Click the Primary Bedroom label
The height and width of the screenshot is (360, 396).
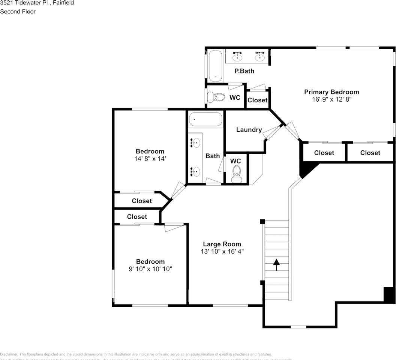[x=331, y=92]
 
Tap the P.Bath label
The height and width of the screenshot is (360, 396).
[x=244, y=71]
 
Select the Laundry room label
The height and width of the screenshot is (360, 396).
[x=249, y=130]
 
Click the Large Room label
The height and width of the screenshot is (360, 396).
[x=222, y=244]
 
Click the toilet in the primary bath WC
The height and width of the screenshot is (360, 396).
[x=216, y=97]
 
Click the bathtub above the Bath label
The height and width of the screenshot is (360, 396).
[x=205, y=119]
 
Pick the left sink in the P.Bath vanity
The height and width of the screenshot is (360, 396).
[x=237, y=57]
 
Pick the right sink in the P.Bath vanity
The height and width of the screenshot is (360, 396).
[x=259, y=57]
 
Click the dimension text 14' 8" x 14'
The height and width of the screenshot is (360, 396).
[x=150, y=159]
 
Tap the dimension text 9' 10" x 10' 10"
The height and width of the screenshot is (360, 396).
[x=150, y=269]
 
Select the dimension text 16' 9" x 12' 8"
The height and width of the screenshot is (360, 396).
[x=331, y=99]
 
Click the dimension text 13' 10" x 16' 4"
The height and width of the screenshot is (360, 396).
[x=222, y=251]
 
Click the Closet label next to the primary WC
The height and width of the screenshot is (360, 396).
[x=257, y=100]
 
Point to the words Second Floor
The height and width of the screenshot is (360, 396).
[x=18, y=12]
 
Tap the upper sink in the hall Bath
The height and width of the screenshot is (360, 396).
[x=195, y=143]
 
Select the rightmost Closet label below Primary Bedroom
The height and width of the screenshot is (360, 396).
[x=370, y=153]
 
